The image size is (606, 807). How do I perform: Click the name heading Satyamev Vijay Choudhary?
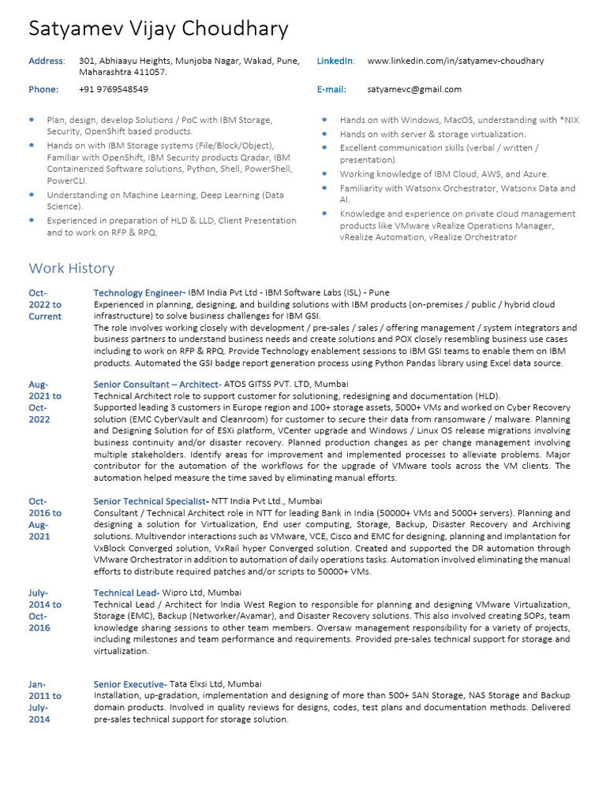pos(159,29)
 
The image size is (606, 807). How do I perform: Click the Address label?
pos(47,61)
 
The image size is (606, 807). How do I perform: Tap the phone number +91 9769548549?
pos(114,89)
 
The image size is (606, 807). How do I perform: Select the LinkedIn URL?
pos(455,61)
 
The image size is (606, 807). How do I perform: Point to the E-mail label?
pos(331,89)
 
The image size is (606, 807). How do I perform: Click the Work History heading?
pos(72,268)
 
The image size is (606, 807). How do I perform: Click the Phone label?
pos(43,89)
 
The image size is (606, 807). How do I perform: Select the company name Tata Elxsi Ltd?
pos(196,684)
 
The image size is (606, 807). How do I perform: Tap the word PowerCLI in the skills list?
pos(67,180)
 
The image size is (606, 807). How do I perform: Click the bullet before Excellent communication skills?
pos(325,148)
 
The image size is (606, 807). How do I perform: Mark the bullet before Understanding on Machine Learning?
pos(32,194)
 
